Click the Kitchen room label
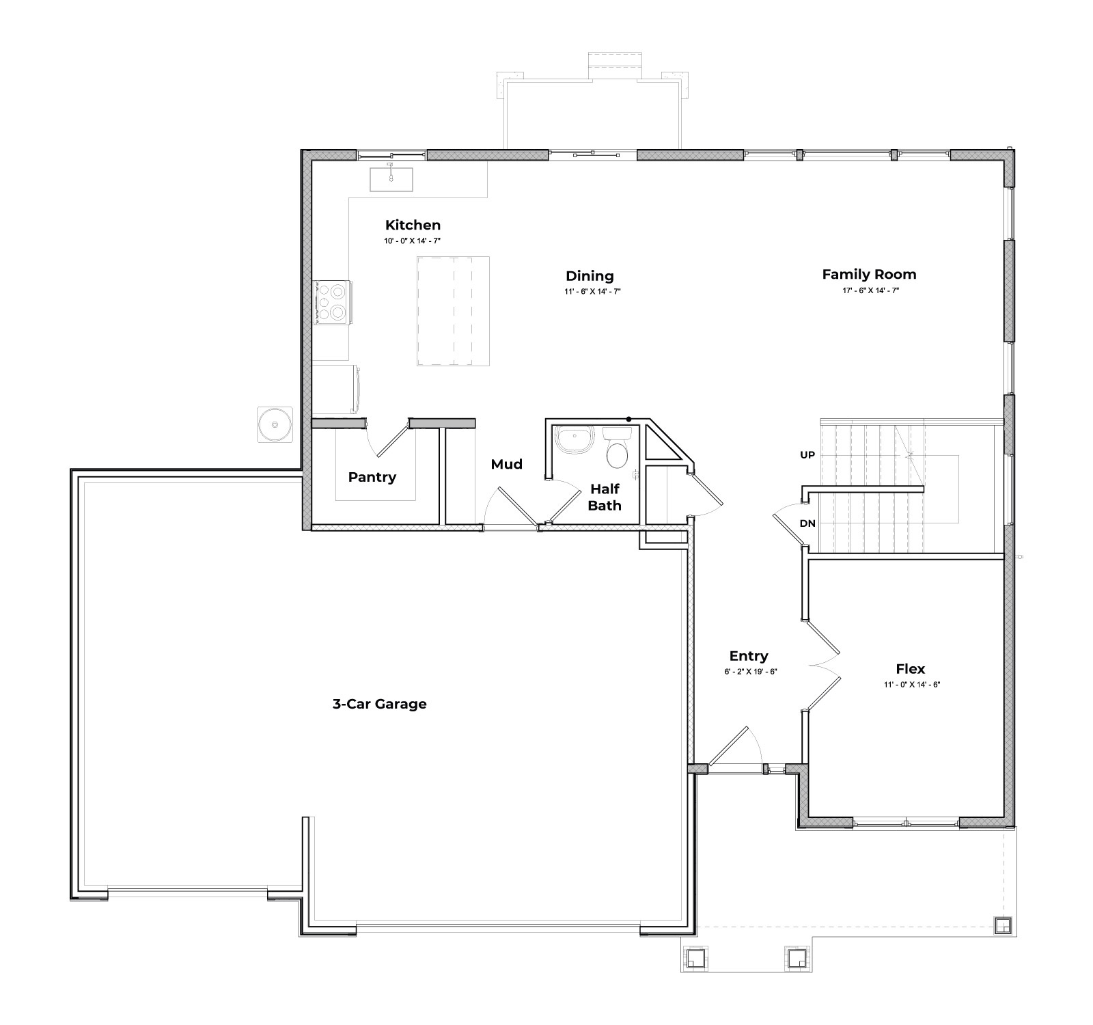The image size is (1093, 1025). (x=413, y=225)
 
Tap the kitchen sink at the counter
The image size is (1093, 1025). (x=391, y=178)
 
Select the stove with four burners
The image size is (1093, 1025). (x=333, y=302)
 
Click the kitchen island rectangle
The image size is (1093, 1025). (x=453, y=311)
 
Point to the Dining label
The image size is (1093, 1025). (x=590, y=276)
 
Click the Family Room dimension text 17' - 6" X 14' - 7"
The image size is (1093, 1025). (x=870, y=290)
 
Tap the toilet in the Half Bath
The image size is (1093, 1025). (x=618, y=450)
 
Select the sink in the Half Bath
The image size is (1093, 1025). (x=574, y=440)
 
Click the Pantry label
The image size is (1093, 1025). (x=372, y=477)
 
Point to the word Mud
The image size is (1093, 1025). (x=506, y=465)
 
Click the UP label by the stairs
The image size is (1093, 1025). (x=807, y=455)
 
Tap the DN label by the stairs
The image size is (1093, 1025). (x=807, y=524)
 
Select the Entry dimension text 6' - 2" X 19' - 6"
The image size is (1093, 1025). (x=750, y=672)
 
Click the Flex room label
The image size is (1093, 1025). (x=910, y=669)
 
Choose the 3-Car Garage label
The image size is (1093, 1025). (x=379, y=704)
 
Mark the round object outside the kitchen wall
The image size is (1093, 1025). (x=275, y=424)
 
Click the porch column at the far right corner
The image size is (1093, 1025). (x=1002, y=925)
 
